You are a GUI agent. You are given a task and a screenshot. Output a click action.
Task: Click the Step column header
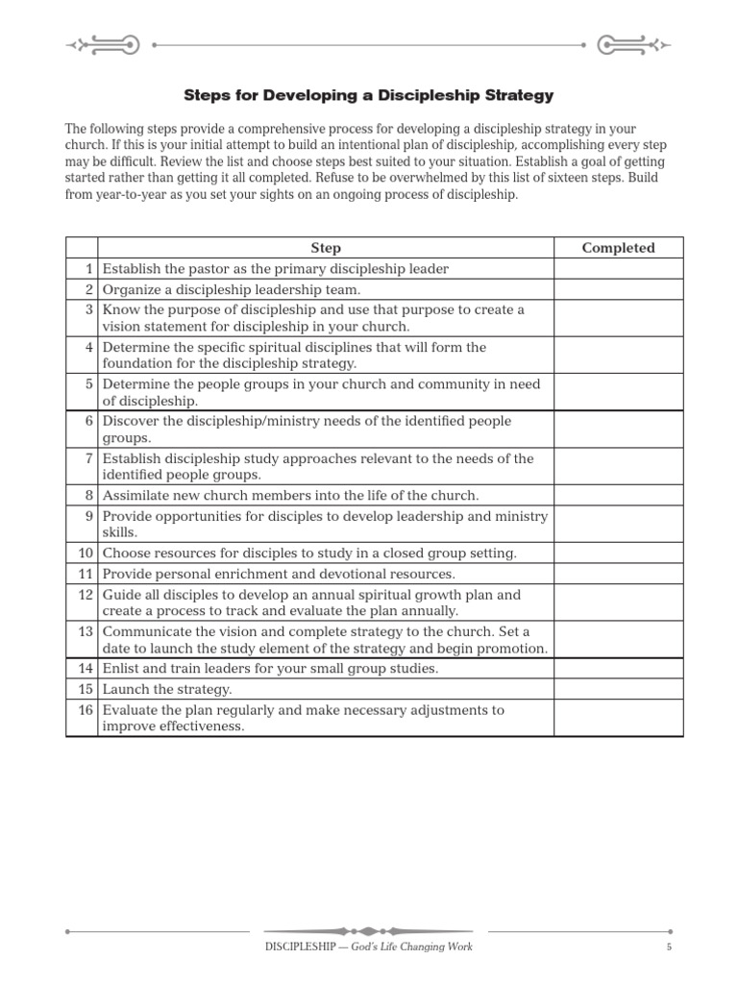(326, 248)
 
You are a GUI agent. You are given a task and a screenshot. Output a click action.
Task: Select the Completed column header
(618, 248)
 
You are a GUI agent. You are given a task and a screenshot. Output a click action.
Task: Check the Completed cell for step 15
(618, 689)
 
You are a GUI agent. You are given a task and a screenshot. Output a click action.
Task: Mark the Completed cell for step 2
(618, 289)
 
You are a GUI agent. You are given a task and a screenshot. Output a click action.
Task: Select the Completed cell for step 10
(618, 553)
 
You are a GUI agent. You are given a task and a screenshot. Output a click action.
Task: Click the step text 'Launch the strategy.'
(167, 689)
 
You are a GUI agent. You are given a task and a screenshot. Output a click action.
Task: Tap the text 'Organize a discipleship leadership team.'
(232, 289)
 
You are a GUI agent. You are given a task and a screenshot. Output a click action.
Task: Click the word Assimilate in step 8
(135, 496)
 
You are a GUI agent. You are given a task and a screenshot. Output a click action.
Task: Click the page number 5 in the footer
(668, 947)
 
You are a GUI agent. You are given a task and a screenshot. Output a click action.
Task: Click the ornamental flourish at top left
(102, 44)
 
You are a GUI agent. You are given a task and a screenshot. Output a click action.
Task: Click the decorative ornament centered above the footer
(368, 931)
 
